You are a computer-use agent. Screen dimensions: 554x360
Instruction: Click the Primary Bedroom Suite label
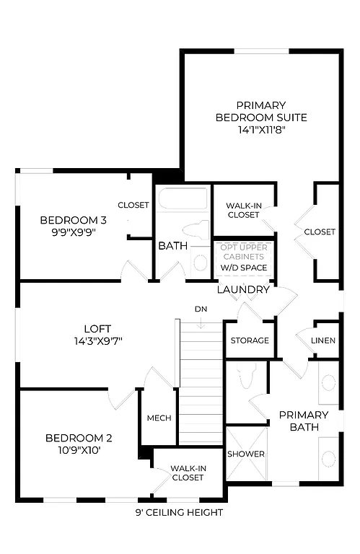click(261, 111)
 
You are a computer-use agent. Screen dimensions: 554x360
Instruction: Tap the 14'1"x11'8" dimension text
click(261, 131)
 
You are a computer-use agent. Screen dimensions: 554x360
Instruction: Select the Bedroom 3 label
click(73, 220)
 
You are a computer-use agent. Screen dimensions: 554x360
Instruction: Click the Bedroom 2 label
click(79, 438)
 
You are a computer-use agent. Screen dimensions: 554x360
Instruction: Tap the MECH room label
click(159, 418)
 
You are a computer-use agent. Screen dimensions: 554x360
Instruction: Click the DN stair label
click(201, 309)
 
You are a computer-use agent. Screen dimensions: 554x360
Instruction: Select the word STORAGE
click(250, 340)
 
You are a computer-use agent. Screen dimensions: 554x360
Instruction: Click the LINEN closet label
click(323, 340)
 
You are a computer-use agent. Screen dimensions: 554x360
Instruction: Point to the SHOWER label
click(246, 454)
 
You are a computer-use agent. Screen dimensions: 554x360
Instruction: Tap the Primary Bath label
click(304, 421)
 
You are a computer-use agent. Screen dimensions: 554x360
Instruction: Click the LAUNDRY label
click(243, 290)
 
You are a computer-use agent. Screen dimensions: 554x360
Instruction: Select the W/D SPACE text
click(244, 268)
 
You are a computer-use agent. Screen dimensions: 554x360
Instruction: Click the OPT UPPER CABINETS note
click(244, 251)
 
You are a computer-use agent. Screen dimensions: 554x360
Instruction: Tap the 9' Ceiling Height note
click(179, 513)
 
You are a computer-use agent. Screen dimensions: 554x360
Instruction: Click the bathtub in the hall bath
click(183, 198)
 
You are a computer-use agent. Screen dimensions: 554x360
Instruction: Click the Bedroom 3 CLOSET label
click(133, 205)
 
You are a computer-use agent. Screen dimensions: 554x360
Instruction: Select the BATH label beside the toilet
click(173, 246)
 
